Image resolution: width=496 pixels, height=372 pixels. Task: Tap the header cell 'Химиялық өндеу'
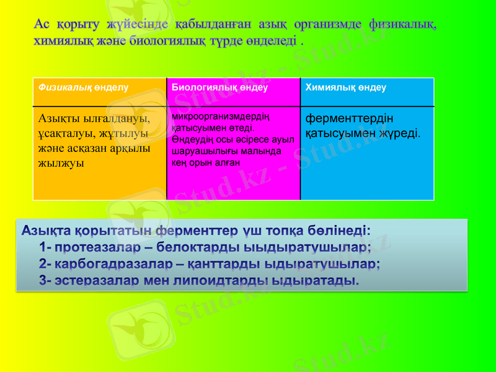[345, 87]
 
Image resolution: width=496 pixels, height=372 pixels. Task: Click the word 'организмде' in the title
[328, 25]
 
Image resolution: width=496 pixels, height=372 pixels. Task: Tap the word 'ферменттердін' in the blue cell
[349, 118]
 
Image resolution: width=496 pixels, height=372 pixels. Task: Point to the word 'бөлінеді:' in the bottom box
[340, 231]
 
